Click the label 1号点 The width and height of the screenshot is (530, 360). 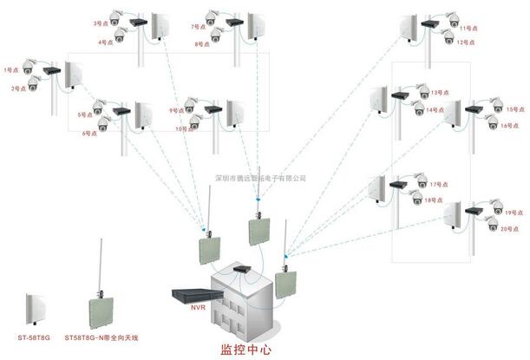pyautogui.click(x=11, y=69)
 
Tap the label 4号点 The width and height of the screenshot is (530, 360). pyautogui.click(x=103, y=42)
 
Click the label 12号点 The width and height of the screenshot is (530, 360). pyautogui.click(x=467, y=43)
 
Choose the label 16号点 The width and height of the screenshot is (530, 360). pyautogui.click(x=506, y=126)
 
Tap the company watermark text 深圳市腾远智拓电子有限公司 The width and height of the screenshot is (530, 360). pyautogui.click(x=260, y=179)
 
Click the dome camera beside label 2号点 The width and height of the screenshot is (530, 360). pyautogui.click(x=34, y=82)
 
